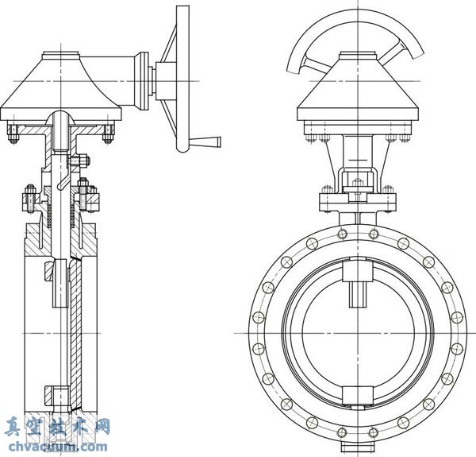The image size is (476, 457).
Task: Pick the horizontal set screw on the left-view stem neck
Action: [76, 165]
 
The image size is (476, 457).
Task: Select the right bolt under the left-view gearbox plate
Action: [106, 135]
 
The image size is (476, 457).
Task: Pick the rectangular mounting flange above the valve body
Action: [356, 200]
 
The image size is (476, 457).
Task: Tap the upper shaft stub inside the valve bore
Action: [356, 290]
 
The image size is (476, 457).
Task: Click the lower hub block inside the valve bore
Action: [356, 394]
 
